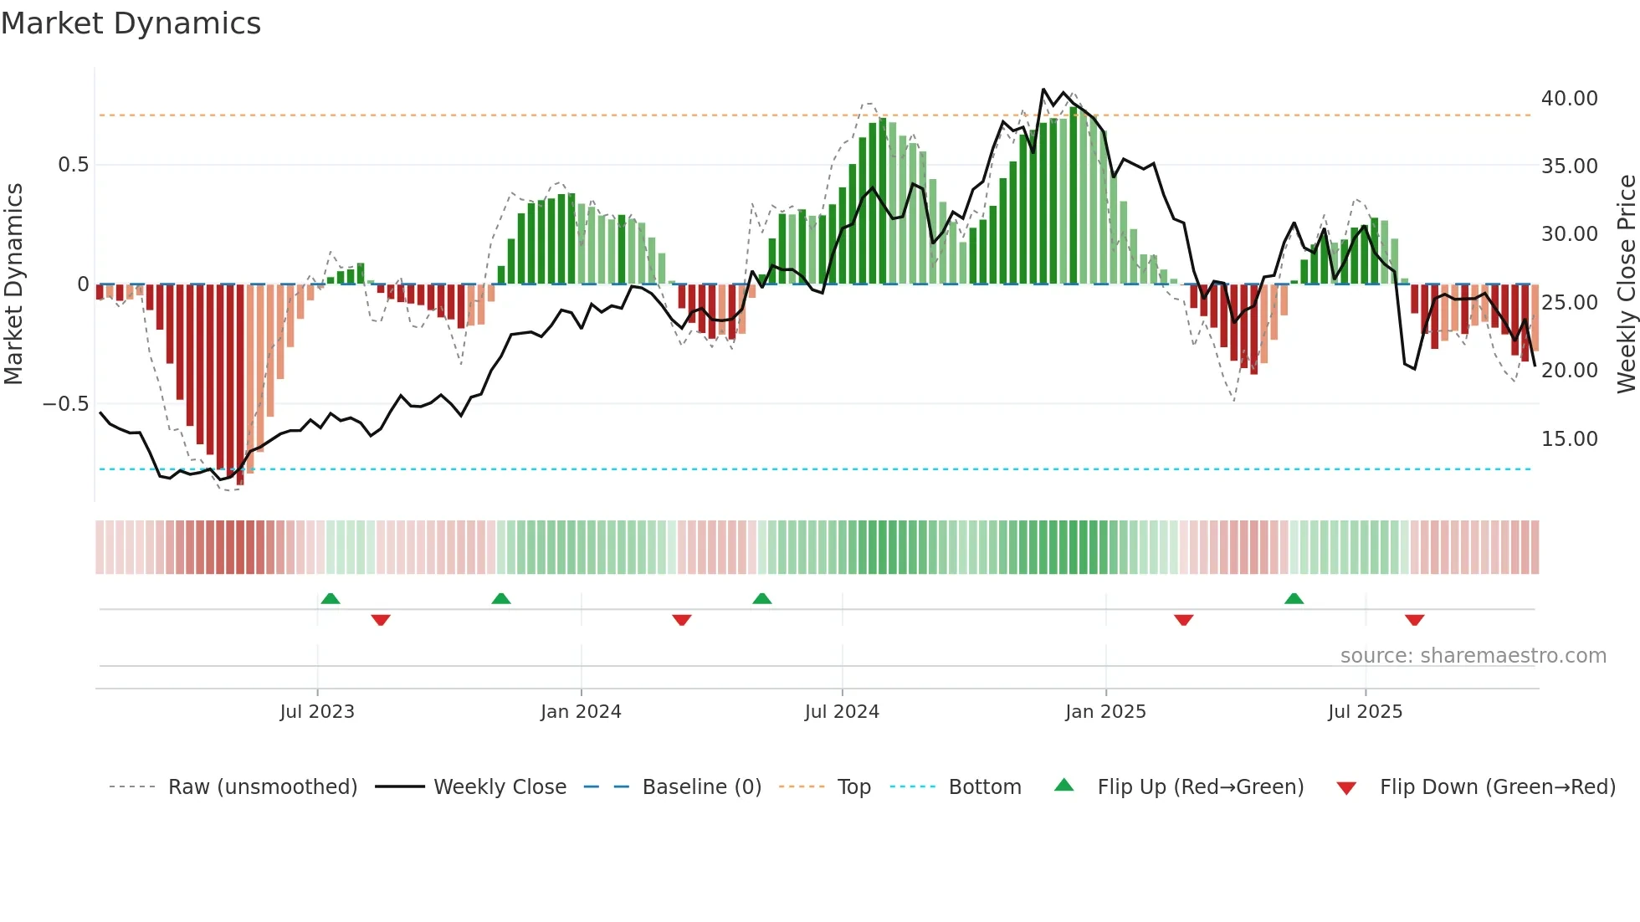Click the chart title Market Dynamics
click(131, 23)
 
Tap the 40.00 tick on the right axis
click(1569, 99)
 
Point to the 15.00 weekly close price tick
click(1569, 439)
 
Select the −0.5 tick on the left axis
click(66, 404)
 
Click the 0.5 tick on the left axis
click(73, 165)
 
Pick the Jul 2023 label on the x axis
click(317, 712)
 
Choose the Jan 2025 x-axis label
click(1105, 712)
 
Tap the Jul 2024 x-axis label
click(842, 712)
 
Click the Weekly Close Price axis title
click(1626, 284)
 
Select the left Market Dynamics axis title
click(13, 284)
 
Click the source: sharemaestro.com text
click(1473, 656)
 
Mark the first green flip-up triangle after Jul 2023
click(331, 598)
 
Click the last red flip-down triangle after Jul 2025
click(1414, 620)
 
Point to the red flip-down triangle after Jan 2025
click(1183, 620)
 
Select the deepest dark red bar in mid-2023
click(240, 385)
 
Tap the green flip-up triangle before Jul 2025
click(1294, 598)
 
